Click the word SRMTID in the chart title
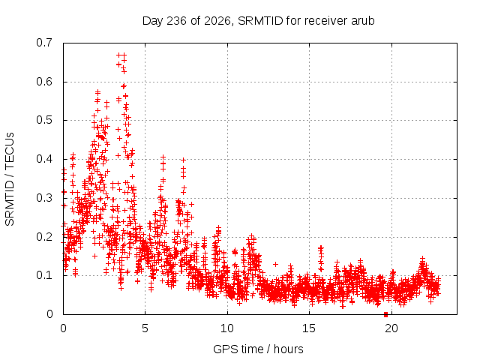[x=260, y=21]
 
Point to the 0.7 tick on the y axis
[x=44, y=43]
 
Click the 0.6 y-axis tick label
[x=44, y=82]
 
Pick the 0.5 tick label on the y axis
[x=44, y=120]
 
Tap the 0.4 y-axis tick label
[x=44, y=159]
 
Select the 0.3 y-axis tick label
[x=44, y=198]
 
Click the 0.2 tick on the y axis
[x=44, y=237]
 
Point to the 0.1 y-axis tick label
[x=44, y=275]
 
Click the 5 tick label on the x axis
[x=145, y=328]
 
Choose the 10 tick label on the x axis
[x=227, y=328]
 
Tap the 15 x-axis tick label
[x=309, y=328]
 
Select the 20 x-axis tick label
[x=391, y=328]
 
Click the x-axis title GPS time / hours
[x=258, y=349]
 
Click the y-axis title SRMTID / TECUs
[x=10, y=179]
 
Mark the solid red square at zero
[x=385, y=314]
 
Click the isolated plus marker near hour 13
[x=275, y=264]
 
